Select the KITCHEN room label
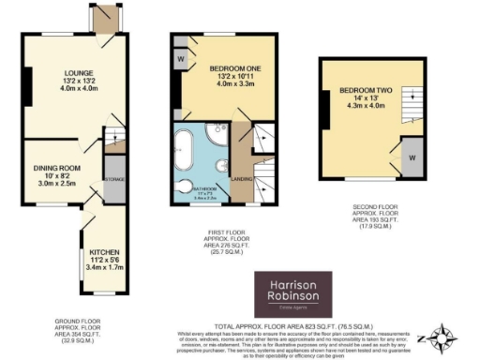click(x=103, y=252)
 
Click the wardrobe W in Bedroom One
click(x=179, y=55)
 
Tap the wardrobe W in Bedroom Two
click(x=411, y=157)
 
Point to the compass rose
click(x=440, y=337)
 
